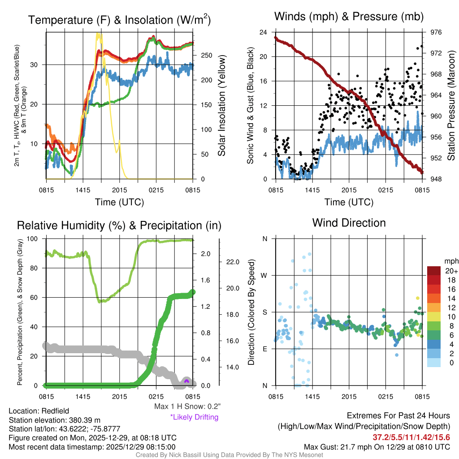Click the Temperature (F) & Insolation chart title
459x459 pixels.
pyautogui.click(x=119, y=20)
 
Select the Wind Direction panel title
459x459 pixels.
pyautogui.click(x=349, y=223)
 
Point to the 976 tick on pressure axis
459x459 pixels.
pyautogui.click(x=436, y=32)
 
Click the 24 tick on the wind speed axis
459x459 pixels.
pyautogui.click(x=263, y=32)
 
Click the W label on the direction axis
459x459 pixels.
pyautogui.click(x=264, y=275)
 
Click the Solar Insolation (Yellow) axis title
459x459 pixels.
pyautogui.click(x=222, y=106)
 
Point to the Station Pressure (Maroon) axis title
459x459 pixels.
pyautogui.click(x=451, y=106)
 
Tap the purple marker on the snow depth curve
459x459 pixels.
pyautogui.click(x=187, y=381)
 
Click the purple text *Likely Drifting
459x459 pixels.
pyautogui.click(x=194, y=417)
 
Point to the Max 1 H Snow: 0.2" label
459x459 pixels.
pyautogui.click(x=187, y=407)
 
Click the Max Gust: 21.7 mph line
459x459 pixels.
pyautogui.click(x=377, y=447)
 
